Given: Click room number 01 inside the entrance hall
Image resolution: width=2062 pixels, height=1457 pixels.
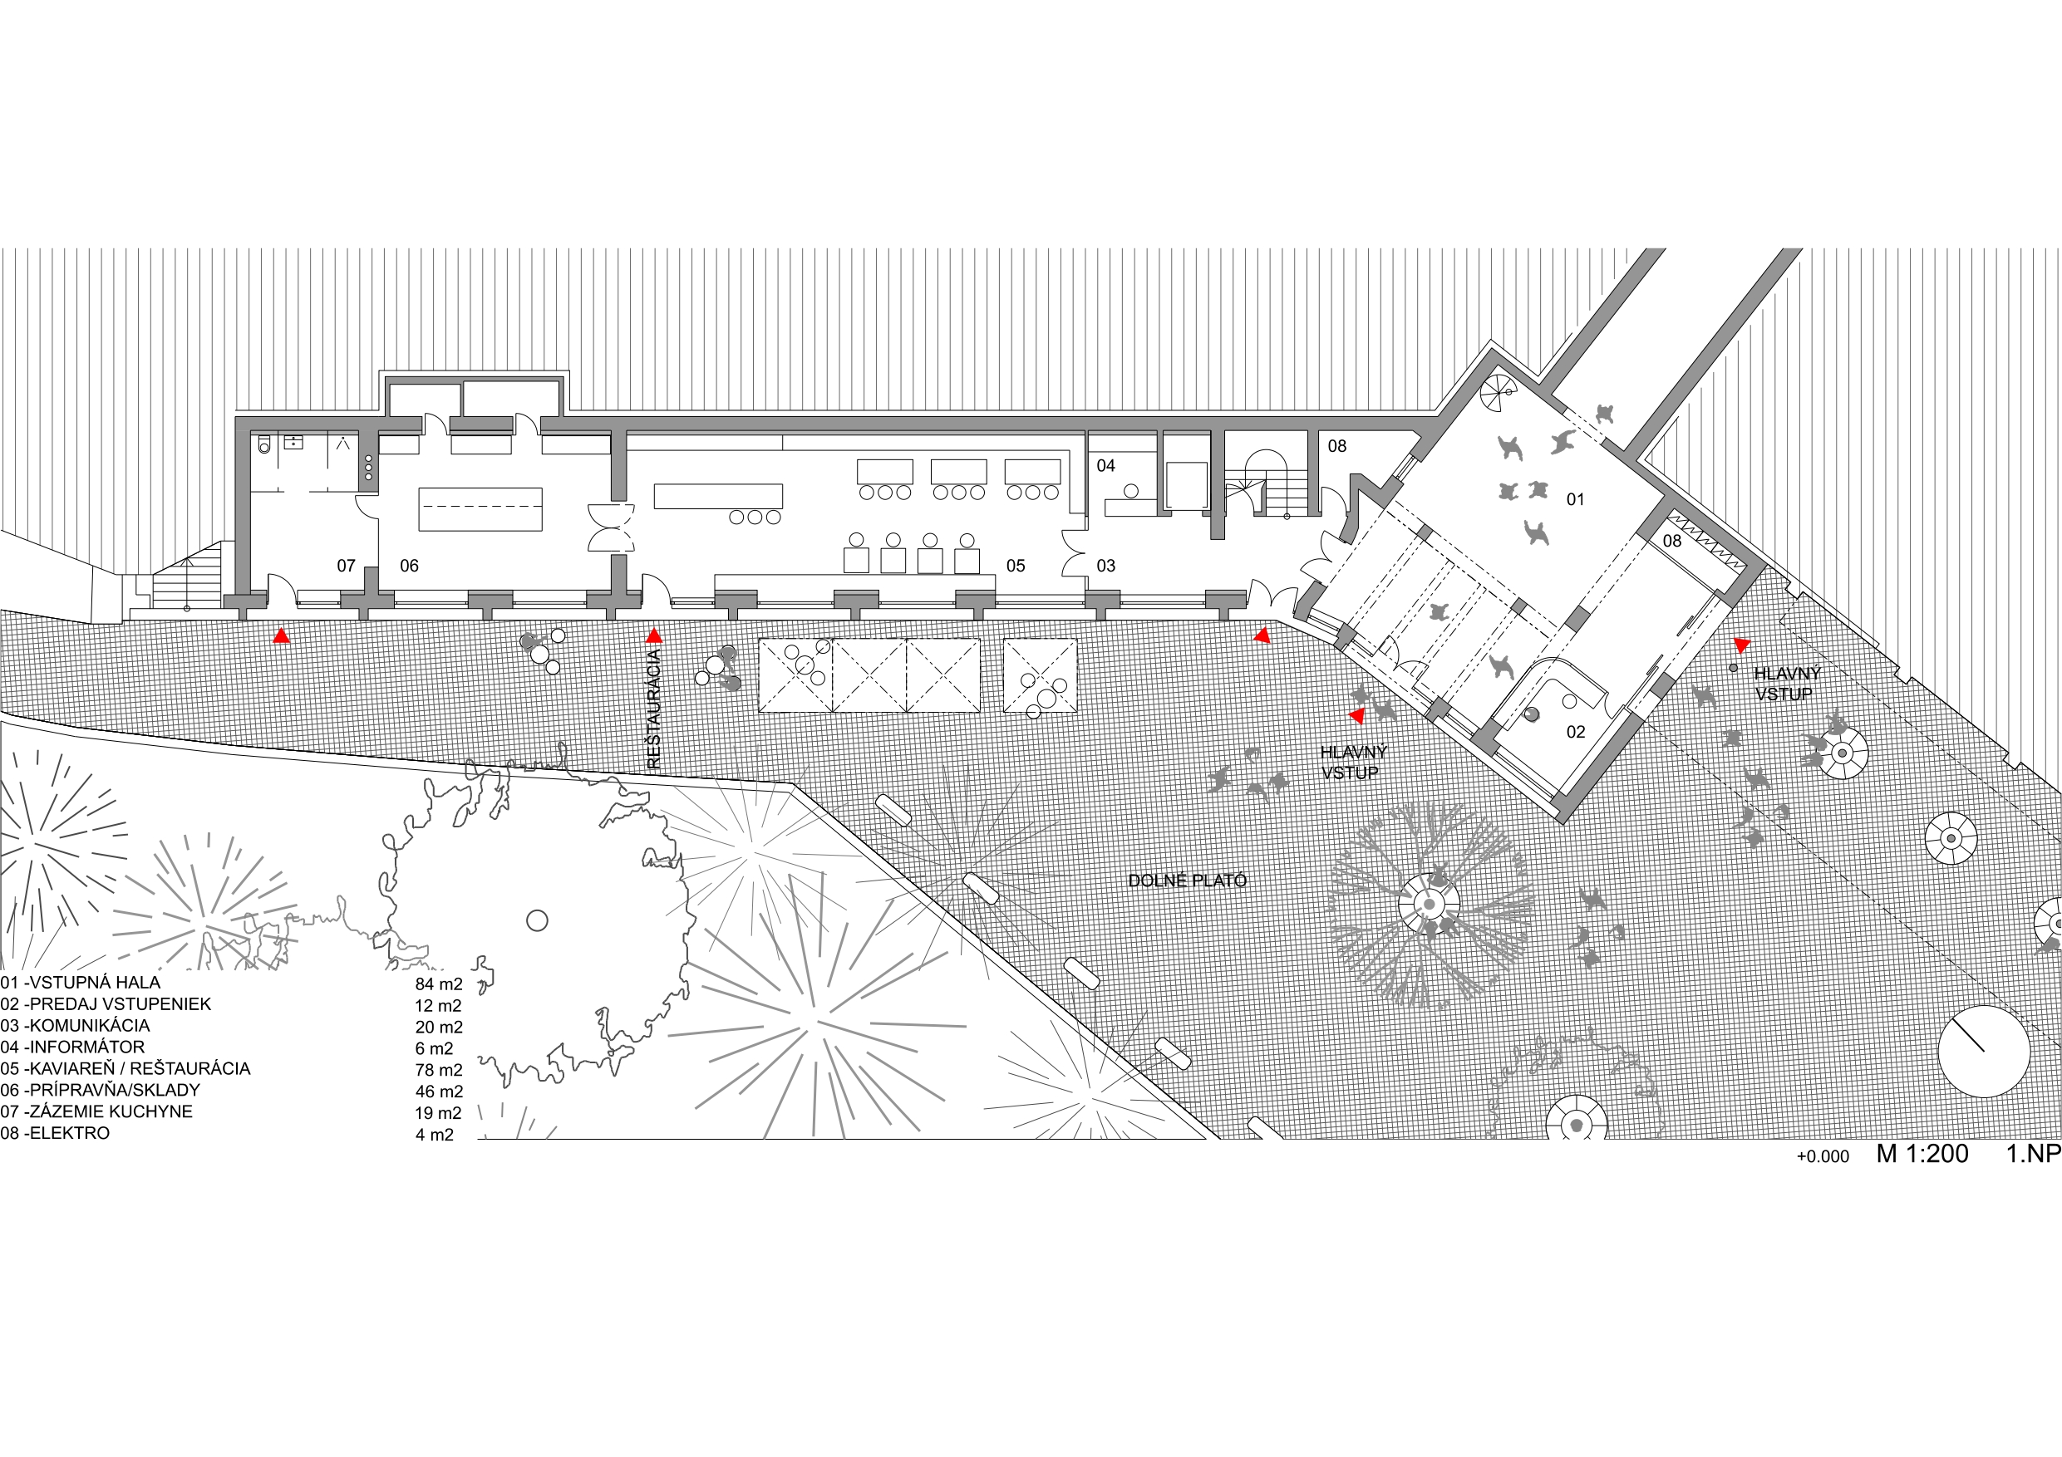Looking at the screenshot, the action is [1575, 499].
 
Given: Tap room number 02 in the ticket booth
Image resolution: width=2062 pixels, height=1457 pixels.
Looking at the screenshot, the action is [1575, 732].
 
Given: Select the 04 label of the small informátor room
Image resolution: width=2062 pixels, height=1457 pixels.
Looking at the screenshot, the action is [1105, 465].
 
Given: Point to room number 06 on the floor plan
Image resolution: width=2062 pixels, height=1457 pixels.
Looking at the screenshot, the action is [409, 566].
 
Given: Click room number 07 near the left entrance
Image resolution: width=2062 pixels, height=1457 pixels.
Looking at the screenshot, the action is [346, 566].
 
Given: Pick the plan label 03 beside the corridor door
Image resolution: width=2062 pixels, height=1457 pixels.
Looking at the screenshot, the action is [1105, 566].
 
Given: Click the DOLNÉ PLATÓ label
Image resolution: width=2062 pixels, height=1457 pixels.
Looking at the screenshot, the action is [1188, 881].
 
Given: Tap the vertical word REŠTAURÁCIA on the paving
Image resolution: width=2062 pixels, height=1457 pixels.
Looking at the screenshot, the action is [654, 710].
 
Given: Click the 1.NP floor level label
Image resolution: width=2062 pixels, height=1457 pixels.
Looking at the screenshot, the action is [2033, 1155].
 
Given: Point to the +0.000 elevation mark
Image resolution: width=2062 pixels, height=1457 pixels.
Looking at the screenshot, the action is [1822, 1157].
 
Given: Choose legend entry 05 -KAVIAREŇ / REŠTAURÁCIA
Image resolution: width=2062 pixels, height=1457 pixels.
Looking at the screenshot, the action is [125, 1068].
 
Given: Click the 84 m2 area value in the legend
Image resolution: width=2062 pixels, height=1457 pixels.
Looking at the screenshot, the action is [438, 984].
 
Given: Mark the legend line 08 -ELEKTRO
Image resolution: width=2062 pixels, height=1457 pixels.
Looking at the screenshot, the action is [55, 1133].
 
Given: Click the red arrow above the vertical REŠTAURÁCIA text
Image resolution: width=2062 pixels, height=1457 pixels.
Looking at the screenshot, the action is [654, 636].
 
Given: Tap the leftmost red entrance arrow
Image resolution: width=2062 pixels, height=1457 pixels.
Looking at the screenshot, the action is [281, 636].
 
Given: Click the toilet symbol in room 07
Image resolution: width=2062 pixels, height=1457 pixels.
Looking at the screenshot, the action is [264, 444].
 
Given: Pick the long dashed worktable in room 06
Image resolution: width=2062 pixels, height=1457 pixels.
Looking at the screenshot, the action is [480, 509].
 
